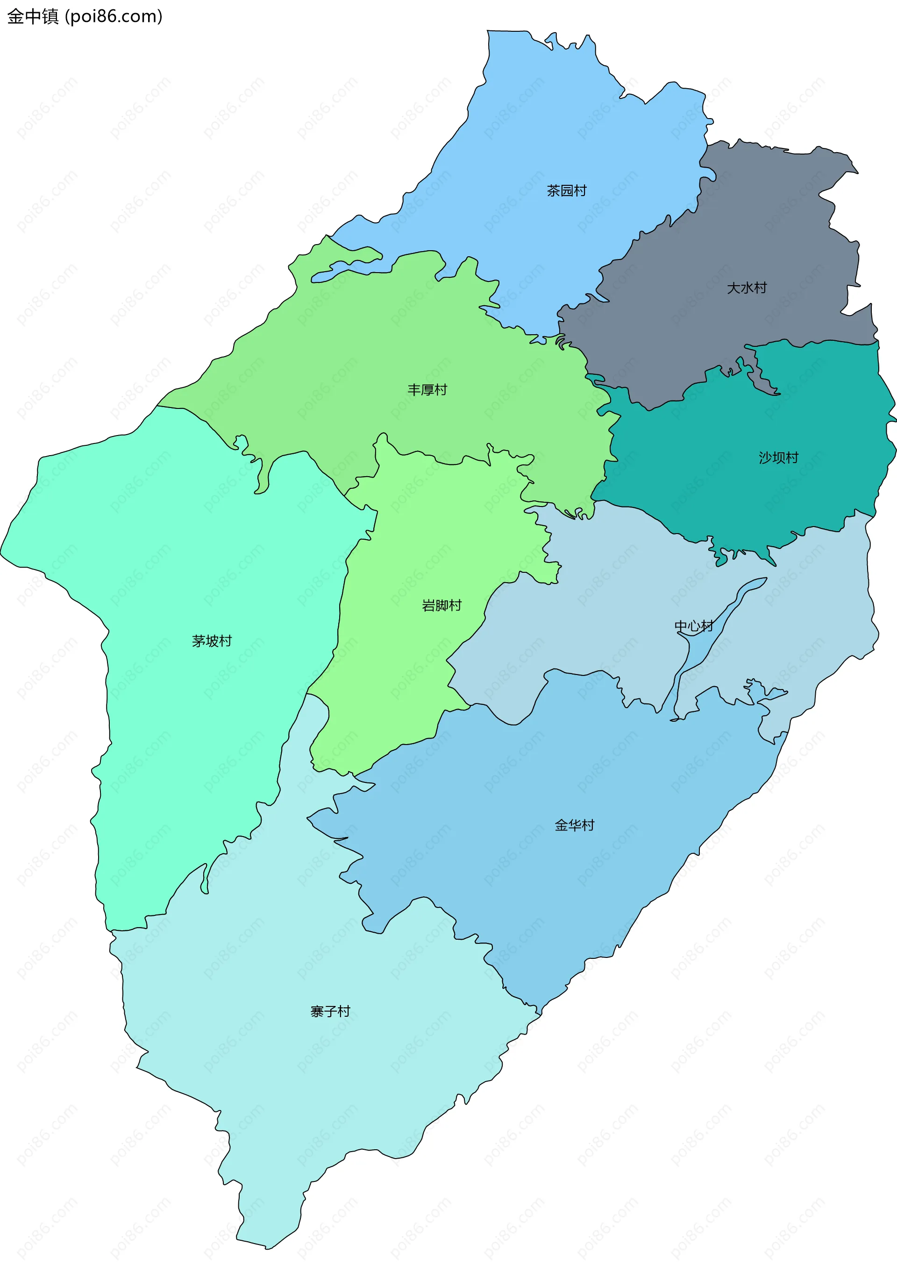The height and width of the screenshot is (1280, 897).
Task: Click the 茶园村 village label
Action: click(566, 190)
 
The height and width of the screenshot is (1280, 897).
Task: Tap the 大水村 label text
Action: click(747, 288)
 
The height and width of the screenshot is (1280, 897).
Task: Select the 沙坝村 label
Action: click(778, 457)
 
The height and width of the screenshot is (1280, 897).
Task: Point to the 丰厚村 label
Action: click(427, 390)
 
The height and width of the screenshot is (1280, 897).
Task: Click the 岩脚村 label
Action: click(441, 605)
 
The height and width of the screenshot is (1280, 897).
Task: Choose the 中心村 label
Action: click(693, 626)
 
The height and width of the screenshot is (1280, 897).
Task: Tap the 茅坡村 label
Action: click(212, 641)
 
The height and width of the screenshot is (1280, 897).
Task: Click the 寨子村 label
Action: click(330, 1011)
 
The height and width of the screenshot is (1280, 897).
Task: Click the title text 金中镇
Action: click(32, 17)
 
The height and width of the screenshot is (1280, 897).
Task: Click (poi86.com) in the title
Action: click(114, 17)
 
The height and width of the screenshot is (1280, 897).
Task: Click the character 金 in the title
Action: click(15, 17)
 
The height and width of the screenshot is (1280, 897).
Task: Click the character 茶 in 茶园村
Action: click(553, 190)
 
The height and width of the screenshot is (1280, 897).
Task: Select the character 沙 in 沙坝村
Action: click(765, 457)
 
